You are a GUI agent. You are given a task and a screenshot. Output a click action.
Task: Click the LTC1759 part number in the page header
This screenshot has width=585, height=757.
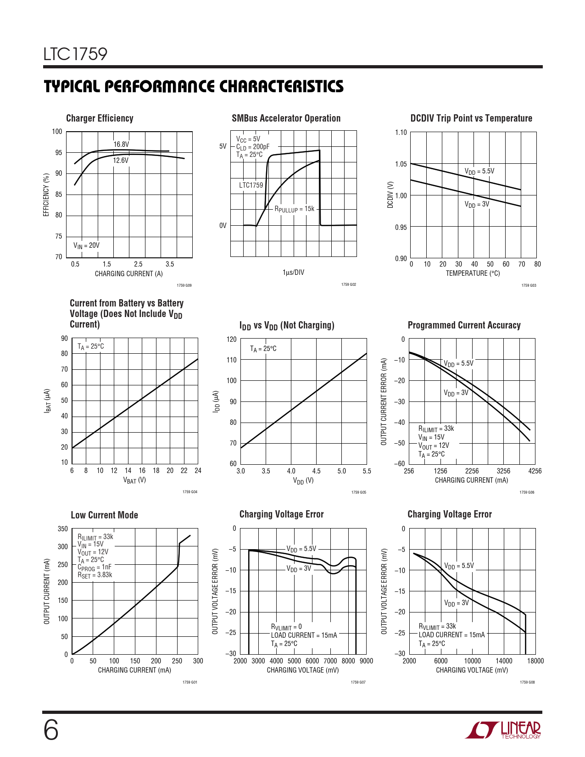coord(75,54)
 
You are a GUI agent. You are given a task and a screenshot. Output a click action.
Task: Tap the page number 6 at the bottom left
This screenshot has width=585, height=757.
coord(51,730)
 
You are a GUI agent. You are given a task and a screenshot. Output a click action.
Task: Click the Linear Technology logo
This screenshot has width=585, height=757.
coord(503,730)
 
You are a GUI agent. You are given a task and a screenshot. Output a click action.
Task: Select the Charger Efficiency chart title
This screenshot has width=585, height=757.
coord(100,118)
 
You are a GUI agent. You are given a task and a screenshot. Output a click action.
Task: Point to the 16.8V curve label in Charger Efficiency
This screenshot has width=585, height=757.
coord(121,145)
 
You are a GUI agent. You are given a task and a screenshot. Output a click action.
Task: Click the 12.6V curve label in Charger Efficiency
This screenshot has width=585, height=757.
coord(121,161)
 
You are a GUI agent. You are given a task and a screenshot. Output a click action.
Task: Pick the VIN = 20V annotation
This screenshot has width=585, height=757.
coord(86,245)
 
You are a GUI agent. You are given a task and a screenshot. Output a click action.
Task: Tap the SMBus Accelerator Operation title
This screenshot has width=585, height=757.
coord(286,118)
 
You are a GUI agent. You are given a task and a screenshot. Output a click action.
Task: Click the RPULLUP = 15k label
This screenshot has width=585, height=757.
coord(294,209)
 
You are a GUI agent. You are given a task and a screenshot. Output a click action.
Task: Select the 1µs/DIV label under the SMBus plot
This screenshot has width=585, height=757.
coord(293,273)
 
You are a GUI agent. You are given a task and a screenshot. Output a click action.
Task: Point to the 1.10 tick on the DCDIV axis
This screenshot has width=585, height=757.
coord(401,133)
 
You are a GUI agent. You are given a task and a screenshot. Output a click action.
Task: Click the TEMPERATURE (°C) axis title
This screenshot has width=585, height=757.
coord(473,273)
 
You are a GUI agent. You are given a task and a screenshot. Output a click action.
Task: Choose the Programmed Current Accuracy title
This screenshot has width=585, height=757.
coord(464,325)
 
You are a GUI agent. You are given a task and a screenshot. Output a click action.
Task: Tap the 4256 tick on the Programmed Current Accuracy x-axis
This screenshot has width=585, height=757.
coord(535,471)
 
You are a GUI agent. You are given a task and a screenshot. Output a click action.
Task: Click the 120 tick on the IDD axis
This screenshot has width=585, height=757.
coord(232,340)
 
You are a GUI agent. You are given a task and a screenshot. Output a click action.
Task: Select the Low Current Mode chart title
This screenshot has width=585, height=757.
coord(104,515)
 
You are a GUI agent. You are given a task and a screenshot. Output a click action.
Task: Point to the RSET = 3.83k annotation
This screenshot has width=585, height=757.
coord(95,575)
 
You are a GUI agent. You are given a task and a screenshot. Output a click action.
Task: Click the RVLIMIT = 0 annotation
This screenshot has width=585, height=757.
coord(286,627)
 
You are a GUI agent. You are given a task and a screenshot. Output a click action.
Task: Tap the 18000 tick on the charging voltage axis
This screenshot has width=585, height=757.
coord(535,661)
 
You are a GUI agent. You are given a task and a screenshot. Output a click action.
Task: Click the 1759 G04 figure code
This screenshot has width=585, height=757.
coord(189,492)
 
